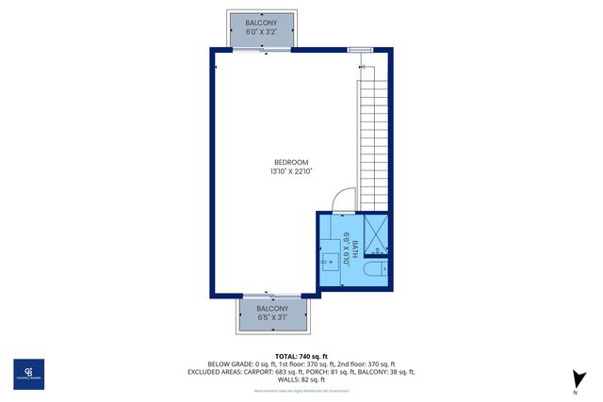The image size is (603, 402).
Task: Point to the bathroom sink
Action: (x=331, y=261)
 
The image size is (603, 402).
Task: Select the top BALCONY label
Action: (x=261, y=22)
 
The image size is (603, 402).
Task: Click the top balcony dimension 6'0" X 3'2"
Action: (x=261, y=31)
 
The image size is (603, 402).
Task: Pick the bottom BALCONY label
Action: (x=273, y=308)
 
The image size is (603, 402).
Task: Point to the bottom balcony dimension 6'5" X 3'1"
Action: (x=273, y=317)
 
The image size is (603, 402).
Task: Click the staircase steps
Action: (x=373, y=141)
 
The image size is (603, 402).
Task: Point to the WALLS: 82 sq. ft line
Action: (x=300, y=379)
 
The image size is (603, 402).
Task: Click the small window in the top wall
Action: (x=360, y=49)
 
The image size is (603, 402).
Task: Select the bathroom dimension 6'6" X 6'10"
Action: (x=347, y=249)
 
